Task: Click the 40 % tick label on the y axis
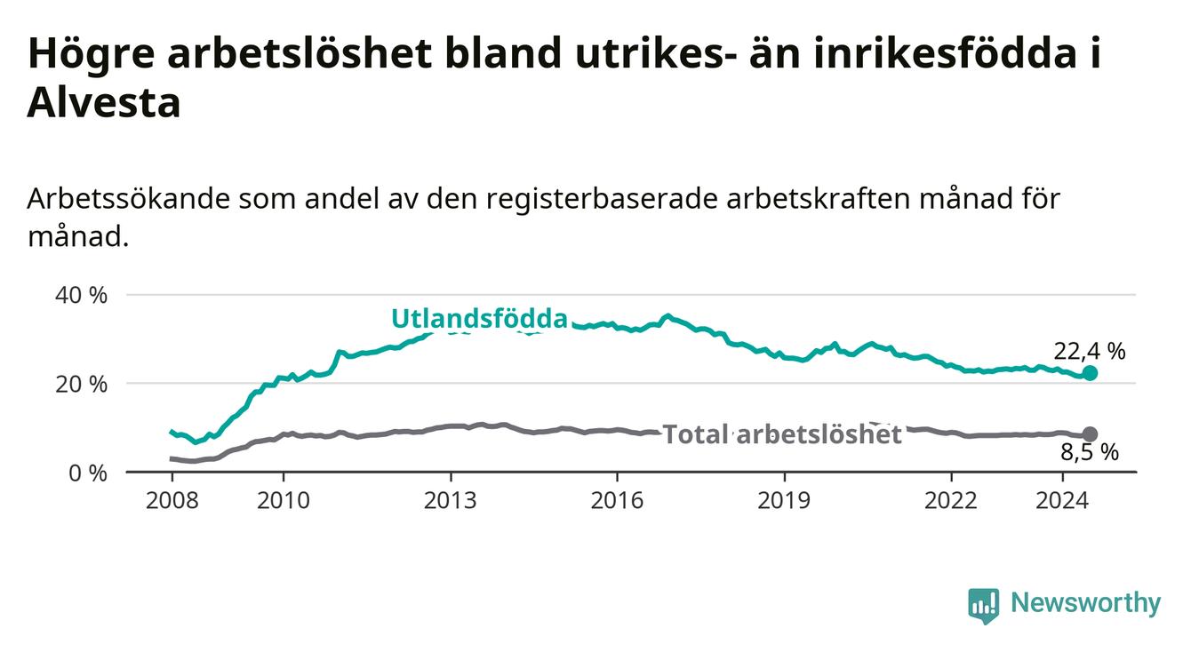point(81,295)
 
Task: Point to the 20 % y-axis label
point(81,384)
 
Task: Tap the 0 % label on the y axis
point(88,473)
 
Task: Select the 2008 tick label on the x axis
point(172,501)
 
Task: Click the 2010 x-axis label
point(284,501)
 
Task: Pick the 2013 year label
point(451,501)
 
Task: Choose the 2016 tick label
point(618,501)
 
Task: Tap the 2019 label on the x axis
point(784,501)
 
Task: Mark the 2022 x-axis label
point(951,501)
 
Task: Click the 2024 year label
point(1062,501)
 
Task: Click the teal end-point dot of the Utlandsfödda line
point(1090,373)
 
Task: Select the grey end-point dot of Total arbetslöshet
point(1090,434)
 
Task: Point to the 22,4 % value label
point(1090,351)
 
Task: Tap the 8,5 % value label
point(1090,452)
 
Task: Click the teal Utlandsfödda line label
point(480,319)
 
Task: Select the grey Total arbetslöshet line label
point(782,434)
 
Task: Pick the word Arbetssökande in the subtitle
point(129,199)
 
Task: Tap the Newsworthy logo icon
point(984,605)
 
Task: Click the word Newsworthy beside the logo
point(1086,602)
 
